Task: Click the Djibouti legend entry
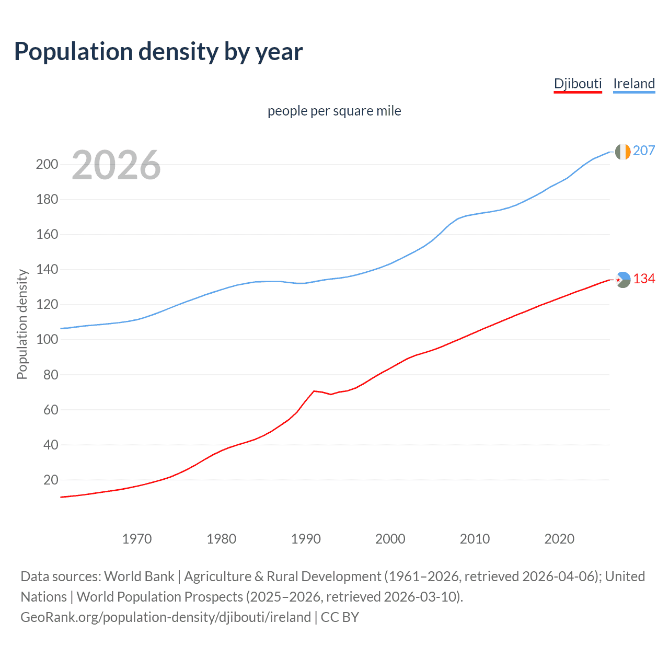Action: (x=578, y=84)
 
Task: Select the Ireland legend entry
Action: (x=634, y=84)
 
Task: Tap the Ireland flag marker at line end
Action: (x=622, y=152)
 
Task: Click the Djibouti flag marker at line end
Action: (x=622, y=280)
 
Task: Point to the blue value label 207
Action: (x=644, y=151)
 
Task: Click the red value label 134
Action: (x=644, y=279)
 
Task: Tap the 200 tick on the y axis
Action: (x=47, y=165)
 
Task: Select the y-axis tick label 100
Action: (x=47, y=340)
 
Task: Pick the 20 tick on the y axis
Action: (x=51, y=480)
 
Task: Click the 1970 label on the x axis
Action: (x=137, y=539)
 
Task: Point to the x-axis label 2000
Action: (x=390, y=539)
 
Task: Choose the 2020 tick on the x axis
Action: (x=559, y=539)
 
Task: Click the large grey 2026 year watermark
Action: (x=116, y=165)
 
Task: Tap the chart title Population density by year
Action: (x=158, y=51)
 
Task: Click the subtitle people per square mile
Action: (x=334, y=111)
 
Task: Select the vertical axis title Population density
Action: (x=22, y=324)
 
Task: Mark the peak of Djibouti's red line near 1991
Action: (x=314, y=391)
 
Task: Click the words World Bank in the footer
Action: (x=139, y=576)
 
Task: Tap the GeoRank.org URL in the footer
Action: (x=166, y=617)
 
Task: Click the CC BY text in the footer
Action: (x=340, y=617)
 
